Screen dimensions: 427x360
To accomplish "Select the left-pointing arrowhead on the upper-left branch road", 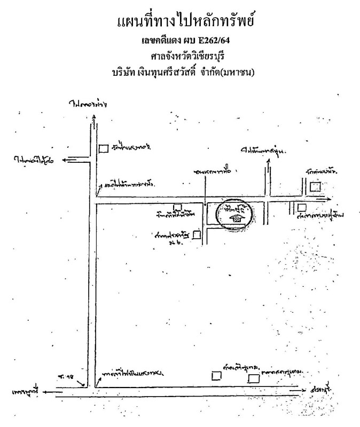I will click(x=65, y=158).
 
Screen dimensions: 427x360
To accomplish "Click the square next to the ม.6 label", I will click(x=197, y=234).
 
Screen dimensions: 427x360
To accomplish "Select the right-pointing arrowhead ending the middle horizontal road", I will click(x=323, y=199).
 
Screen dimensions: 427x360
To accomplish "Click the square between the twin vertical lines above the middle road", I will click(x=316, y=186).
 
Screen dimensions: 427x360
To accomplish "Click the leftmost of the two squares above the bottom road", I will click(x=216, y=375).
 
